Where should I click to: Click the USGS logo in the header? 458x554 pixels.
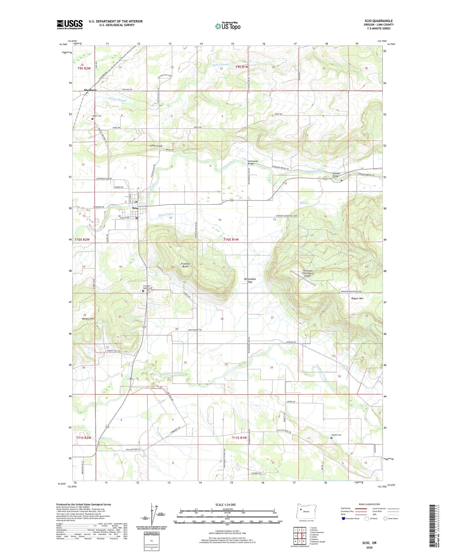pyautogui.click(x=70, y=24)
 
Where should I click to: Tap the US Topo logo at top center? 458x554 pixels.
pyautogui.click(x=227, y=26)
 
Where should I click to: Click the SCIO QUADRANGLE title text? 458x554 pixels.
pyautogui.click(x=378, y=21)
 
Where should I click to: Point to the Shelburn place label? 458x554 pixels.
pyautogui.click(x=90, y=90)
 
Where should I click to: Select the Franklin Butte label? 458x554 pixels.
pyautogui.click(x=185, y=265)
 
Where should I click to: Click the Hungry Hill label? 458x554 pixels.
pyautogui.click(x=88, y=319)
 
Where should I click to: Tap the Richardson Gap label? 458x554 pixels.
pyautogui.click(x=250, y=280)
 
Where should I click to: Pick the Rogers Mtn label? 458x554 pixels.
pyautogui.click(x=357, y=299)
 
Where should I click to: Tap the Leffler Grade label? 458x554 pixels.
pyautogui.click(x=156, y=146)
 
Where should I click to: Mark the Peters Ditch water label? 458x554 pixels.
pyautogui.click(x=166, y=215)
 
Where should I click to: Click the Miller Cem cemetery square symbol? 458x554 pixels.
pyautogui.click(x=93, y=119)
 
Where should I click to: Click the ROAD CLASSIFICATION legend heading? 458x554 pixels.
pyautogui.click(x=369, y=504)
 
